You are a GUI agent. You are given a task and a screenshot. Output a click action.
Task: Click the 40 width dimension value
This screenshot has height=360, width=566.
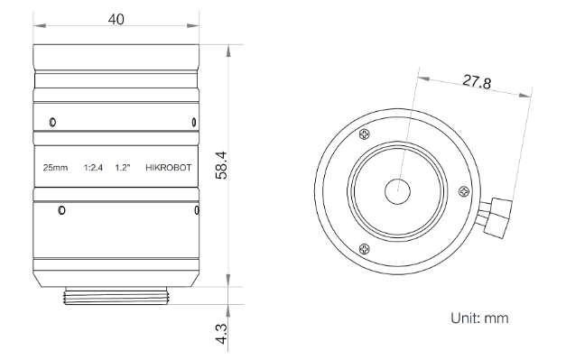click(116, 19)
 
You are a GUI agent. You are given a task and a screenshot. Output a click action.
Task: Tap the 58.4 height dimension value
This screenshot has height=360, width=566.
click(221, 165)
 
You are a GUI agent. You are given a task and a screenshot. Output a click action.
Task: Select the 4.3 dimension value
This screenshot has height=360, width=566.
click(221, 334)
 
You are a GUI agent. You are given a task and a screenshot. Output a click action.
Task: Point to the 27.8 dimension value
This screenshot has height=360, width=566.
click(477, 81)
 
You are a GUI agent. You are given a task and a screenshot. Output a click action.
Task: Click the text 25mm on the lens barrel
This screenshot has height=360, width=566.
click(55, 168)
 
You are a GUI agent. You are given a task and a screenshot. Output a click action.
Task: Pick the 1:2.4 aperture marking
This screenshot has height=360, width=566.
click(93, 168)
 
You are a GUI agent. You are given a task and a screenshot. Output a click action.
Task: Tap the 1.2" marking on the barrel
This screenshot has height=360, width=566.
click(123, 168)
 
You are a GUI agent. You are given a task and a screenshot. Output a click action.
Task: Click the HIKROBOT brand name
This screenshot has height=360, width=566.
click(169, 168)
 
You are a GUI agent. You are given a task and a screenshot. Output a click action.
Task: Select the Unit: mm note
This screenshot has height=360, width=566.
click(479, 318)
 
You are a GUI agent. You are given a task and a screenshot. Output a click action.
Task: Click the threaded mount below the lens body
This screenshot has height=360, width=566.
click(116, 296)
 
